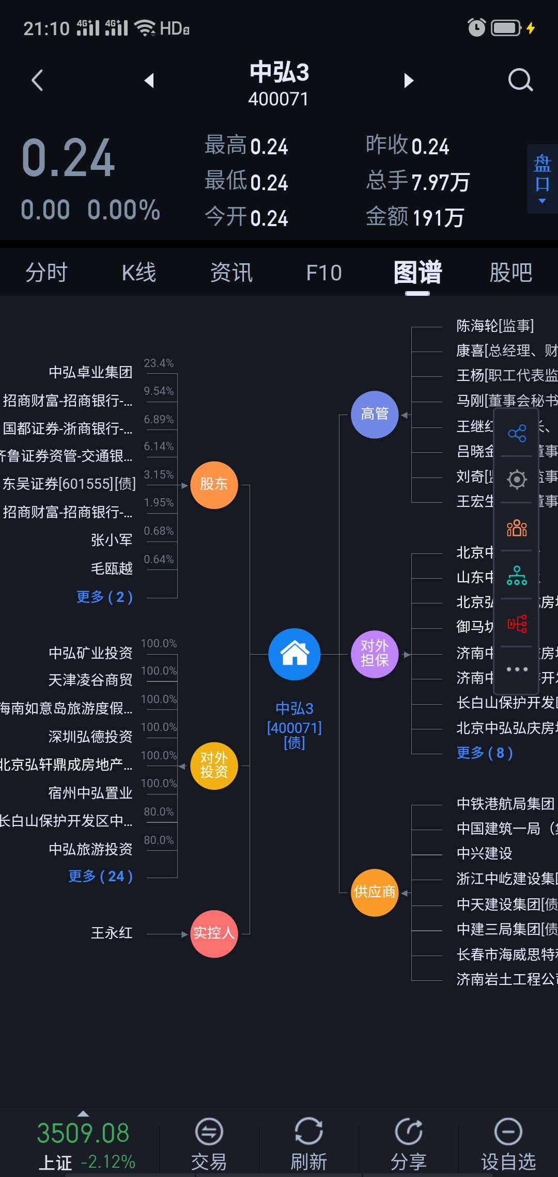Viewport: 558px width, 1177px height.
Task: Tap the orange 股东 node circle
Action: [214, 485]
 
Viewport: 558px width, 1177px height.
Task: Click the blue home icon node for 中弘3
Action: [295, 654]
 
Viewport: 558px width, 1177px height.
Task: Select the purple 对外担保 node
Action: [375, 654]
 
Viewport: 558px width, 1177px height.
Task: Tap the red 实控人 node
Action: [214, 933]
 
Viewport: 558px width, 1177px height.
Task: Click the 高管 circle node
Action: [375, 415]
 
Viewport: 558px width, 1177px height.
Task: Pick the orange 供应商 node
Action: [375, 892]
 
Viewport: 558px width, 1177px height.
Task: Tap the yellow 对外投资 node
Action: [214, 766]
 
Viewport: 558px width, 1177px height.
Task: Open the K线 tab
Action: [138, 273]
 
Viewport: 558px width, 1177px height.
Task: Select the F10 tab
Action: [324, 273]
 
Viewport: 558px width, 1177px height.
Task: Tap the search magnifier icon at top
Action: [520, 81]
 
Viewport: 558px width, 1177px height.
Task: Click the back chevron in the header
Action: [37, 81]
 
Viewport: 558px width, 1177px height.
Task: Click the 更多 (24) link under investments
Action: [101, 876]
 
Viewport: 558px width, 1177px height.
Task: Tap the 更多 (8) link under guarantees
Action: [485, 753]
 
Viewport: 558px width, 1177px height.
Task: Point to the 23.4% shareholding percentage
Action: [159, 363]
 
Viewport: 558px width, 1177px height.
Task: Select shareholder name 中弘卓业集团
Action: [90, 372]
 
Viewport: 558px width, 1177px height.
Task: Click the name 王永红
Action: [112, 933]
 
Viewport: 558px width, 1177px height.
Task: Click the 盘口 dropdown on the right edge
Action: [542, 179]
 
